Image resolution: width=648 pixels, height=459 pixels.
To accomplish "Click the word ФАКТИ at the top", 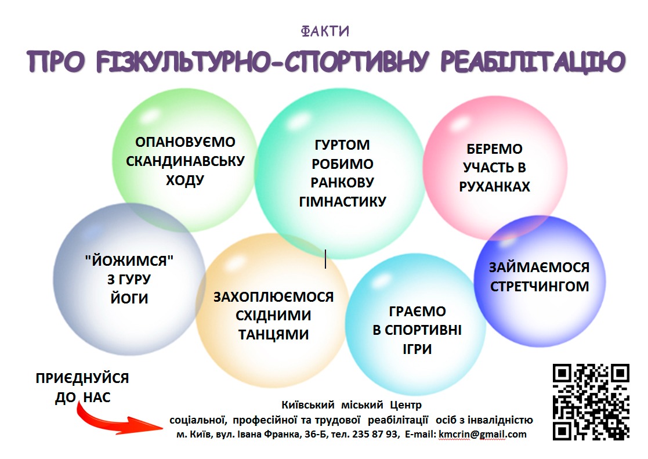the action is click(x=325, y=31).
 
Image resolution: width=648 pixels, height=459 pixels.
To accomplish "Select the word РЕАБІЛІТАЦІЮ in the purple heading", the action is click(x=533, y=62).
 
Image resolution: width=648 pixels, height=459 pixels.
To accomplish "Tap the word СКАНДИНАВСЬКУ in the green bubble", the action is click(x=185, y=161).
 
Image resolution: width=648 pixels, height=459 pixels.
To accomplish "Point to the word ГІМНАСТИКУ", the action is click(x=342, y=201).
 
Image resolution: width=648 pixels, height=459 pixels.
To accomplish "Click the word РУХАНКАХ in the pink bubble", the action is click(x=494, y=186).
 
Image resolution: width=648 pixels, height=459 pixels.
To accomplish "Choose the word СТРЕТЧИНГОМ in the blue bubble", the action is click(x=540, y=286).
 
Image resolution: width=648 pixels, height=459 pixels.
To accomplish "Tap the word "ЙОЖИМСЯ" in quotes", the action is click(x=129, y=261).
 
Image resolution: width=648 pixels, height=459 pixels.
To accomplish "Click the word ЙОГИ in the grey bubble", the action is click(x=129, y=298).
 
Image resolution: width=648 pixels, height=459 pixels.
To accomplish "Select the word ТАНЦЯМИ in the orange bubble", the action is click(x=273, y=334).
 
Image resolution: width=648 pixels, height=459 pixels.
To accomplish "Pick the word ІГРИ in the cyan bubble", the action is click(x=417, y=349).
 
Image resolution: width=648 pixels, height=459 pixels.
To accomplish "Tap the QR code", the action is click(x=591, y=402).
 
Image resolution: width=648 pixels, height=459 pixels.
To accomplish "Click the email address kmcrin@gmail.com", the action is click(x=483, y=434).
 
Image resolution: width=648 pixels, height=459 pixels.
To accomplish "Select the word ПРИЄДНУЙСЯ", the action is click(x=82, y=378).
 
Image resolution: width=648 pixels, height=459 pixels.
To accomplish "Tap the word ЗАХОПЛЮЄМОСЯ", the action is click(x=273, y=297).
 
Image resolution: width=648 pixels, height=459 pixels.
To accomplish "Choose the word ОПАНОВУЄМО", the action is click(x=185, y=142).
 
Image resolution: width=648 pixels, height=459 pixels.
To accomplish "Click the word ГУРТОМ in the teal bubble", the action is click(x=342, y=144).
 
